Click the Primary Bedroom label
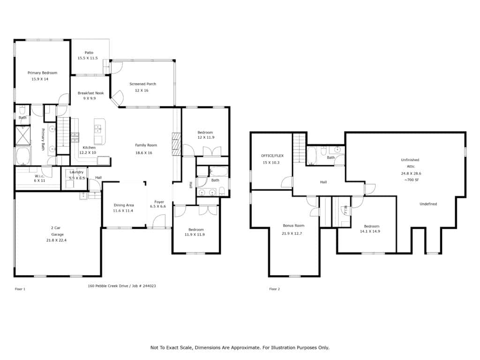(x=42, y=73)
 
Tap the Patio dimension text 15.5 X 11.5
(x=88, y=58)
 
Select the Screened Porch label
(x=142, y=84)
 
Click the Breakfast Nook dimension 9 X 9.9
(x=90, y=98)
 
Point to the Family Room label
(x=146, y=145)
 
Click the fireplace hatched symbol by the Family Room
(x=176, y=144)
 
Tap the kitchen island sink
(x=98, y=128)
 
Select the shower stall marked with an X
(x=23, y=135)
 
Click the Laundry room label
(x=76, y=172)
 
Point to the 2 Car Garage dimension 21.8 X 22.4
(x=56, y=240)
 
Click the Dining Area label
(x=124, y=205)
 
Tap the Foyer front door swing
(x=159, y=221)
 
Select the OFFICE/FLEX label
(x=272, y=156)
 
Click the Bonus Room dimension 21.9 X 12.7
(x=292, y=233)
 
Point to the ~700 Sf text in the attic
(x=411, y=180)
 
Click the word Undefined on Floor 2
(x=428, y=204)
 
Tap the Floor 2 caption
(x=275, y=289)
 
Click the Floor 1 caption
(x=20, y=289)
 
